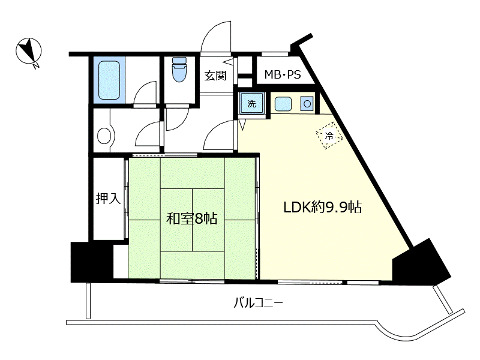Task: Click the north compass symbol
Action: click(x=29, y=51)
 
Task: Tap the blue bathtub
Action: click(x=109, y=80)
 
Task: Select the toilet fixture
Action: click(x=179, y=70)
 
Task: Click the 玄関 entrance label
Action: click(x=215, y=76)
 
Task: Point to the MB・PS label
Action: click(x=283, y=74)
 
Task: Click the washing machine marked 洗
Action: click(x=251, y=103)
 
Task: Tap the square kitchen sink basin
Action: click(x=283, y=104)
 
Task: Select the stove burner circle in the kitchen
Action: click(x=307, y=104)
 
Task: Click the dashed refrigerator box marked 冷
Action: click(x=329, y=136)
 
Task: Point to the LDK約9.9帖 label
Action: click(x=323, y=207)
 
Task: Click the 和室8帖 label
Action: click(x=191, y=218)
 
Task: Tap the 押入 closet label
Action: click(x=109, y=199)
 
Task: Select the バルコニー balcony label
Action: click(x=259, y=304)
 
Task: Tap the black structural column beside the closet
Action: click(x=91, y=262)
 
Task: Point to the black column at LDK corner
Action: click(x=421, y=262)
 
